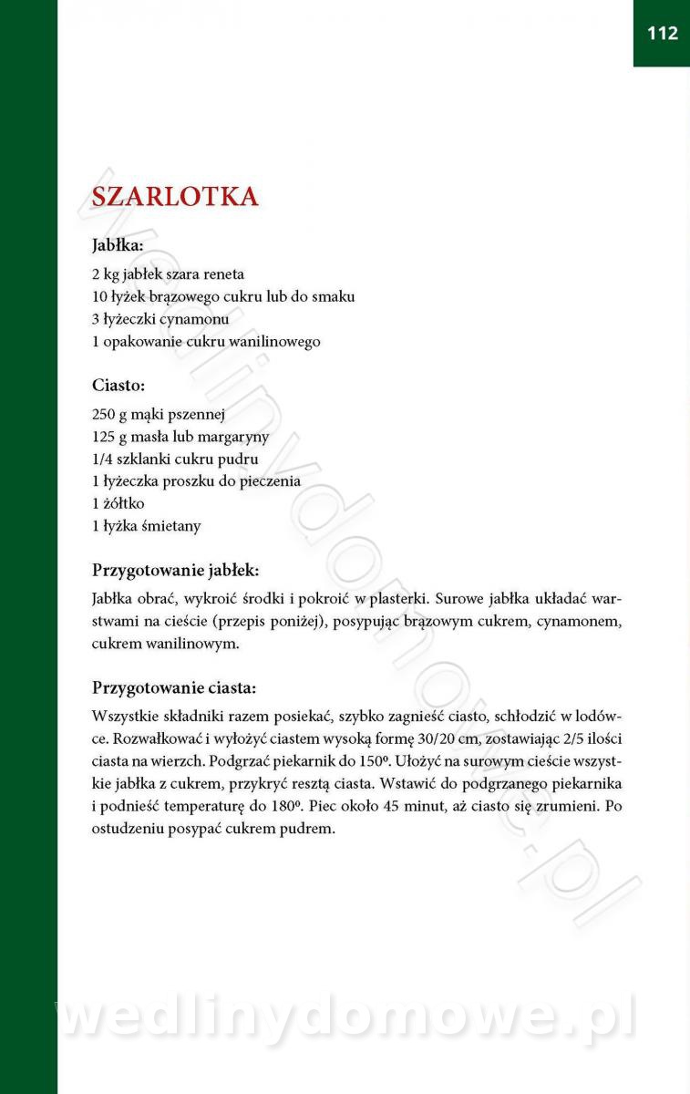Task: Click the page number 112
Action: coord(663,34)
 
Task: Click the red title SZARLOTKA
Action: coord(175,197)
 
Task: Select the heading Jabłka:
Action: coord(118,245)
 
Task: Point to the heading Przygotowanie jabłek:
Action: coord(176,571)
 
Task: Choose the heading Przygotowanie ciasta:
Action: coord(174,687)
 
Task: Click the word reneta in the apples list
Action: coord(223,273)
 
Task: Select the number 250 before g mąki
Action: coord(104,414)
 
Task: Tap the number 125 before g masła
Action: coord(104,437)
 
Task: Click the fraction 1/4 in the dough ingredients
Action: coord(103,459)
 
